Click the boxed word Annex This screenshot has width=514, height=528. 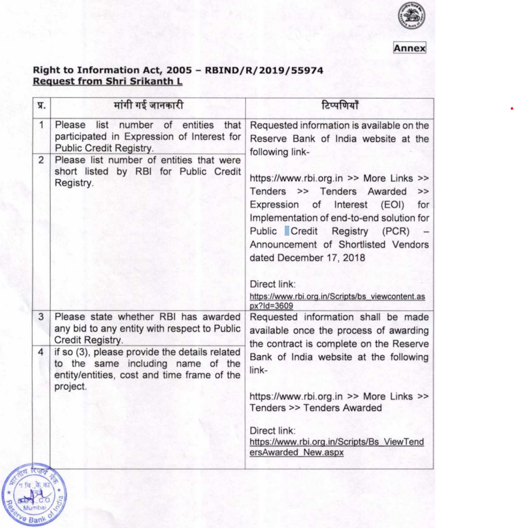tap(409, 48)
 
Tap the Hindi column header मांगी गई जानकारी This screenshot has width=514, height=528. tap(147, 105)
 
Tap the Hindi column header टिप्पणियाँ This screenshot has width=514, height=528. tap(339, 105)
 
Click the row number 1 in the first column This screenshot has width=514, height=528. tap(41, 125)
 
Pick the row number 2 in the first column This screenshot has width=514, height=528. tap(41, 160)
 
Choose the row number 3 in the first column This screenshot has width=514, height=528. tap(41, 318)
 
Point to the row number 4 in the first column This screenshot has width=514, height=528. tap(41, 352)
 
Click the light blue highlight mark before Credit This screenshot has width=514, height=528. tap(287, 231)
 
